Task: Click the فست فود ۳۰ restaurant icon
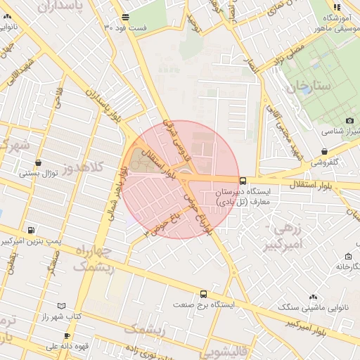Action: coord(125,16)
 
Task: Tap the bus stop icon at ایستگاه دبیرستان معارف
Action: coord(243,180)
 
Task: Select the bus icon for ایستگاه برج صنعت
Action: coord(203,294)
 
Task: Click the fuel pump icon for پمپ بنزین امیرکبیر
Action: coord(30,230)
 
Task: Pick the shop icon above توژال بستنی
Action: coord(38,162)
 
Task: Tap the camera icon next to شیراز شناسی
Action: coord(349,121)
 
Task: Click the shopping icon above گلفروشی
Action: coord(323,151)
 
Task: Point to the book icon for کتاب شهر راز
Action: coord(61,306)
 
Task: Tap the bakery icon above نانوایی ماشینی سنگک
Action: coord(314,297)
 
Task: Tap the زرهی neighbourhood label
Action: coord(285,229)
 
